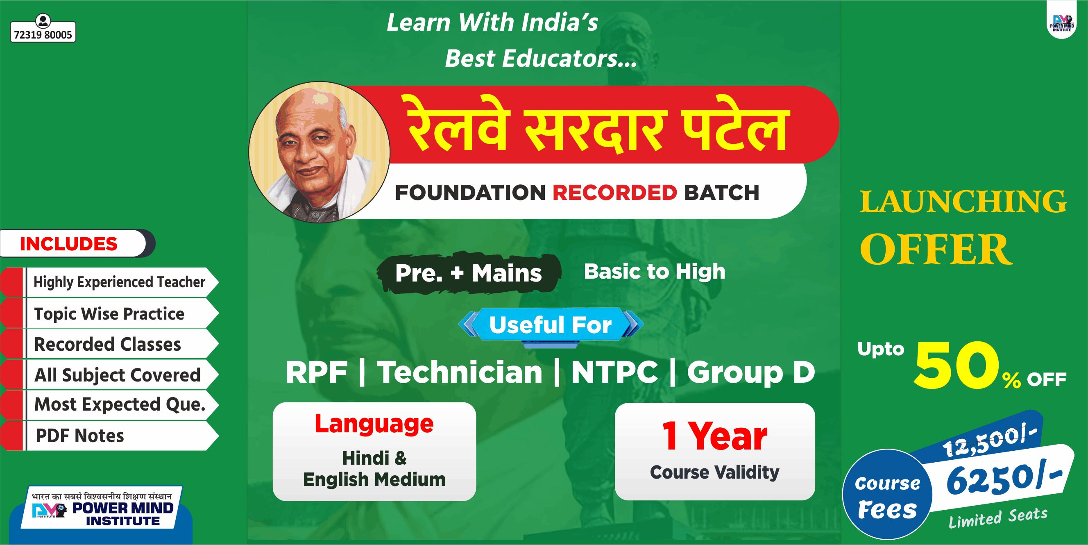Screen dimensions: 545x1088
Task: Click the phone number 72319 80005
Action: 43,34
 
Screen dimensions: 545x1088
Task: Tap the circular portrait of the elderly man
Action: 319,152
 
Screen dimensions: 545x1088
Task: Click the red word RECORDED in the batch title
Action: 614,193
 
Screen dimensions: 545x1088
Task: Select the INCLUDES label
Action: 69,244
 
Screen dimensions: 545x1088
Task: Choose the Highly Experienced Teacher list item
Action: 119,282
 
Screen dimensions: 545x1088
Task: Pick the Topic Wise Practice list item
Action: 109,313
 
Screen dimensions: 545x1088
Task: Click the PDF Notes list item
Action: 80,436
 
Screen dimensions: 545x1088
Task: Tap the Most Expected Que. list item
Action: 120,404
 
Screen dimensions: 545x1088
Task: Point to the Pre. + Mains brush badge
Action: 468,273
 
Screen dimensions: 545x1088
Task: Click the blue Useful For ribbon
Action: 550,325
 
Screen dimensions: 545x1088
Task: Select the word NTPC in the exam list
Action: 614,372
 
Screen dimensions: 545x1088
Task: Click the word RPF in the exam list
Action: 316,372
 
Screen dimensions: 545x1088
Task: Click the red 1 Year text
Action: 714,436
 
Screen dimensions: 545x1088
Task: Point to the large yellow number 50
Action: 957,365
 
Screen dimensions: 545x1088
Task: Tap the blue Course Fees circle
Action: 887,495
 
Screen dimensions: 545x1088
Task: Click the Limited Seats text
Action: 997,518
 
